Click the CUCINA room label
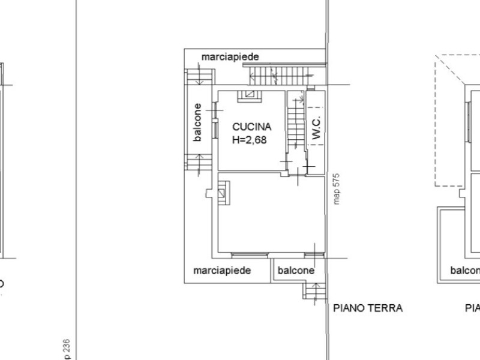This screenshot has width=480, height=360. [251, 127]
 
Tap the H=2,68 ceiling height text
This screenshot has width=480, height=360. [249, 140]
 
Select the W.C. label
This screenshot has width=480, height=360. [316, 128]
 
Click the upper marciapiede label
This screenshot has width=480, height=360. [230, 57]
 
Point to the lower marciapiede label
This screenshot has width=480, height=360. [222, 271]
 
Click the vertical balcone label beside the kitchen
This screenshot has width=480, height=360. [197, 123]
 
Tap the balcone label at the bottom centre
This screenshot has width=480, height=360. [296, 271]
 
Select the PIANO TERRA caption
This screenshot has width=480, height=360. [368, 308]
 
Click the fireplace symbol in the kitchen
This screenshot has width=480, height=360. [247, 94]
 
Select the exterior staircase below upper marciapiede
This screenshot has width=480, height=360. [278, 76]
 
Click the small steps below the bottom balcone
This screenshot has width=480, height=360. [314, 291]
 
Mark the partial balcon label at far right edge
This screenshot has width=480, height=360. [465, 271]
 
